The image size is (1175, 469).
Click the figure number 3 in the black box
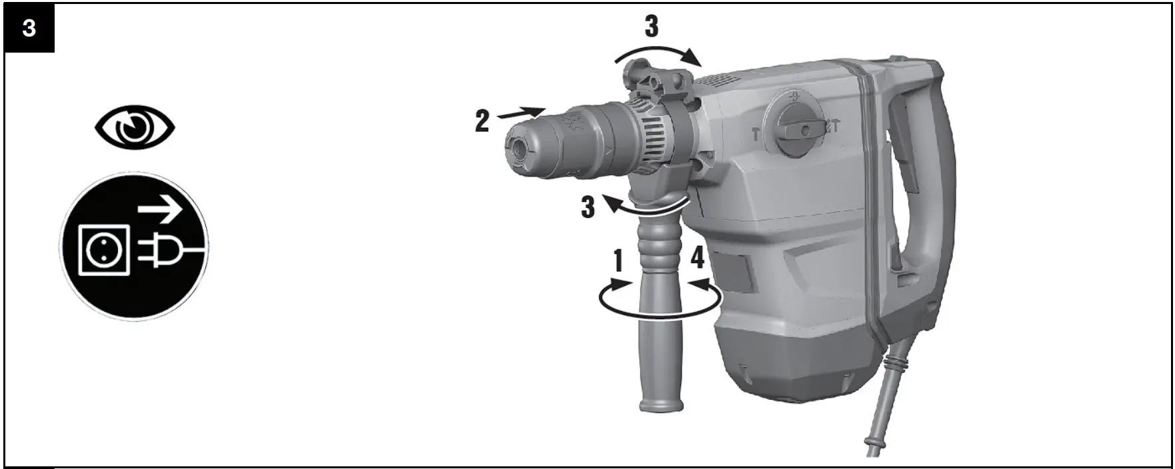click(29, 29)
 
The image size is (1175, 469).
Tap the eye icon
click(135, 129)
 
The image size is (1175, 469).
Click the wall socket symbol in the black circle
click(104, 250)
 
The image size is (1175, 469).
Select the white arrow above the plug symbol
click(161, 212)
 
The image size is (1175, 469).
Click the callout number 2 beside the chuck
click(482, 121)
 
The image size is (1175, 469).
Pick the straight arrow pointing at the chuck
click(521, 113)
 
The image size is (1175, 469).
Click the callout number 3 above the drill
click(651, 27)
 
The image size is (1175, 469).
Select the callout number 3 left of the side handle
click(587, 207)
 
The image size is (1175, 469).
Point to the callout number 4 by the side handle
click(697, 257)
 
